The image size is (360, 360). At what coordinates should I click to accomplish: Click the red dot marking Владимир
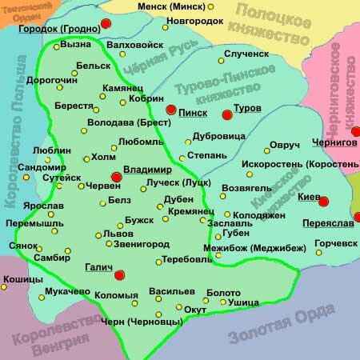pyautogui.click(x=117, y=177)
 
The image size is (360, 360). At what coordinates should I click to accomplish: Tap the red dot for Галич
pyautogui.click(x=120, y=276)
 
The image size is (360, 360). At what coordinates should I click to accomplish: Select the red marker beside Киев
pyautogui.click(x=324, y=200)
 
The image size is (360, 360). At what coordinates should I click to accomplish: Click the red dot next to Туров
pyautogui.click(x=226, y=114)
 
